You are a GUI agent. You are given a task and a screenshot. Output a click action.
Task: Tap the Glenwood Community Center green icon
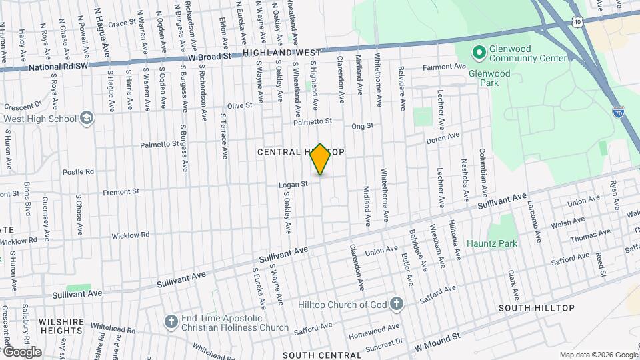click(x=478, y=52)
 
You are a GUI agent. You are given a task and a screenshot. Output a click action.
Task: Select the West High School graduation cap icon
click(x=87, y=119)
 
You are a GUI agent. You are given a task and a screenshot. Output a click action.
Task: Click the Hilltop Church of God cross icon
click(x=397, y=305)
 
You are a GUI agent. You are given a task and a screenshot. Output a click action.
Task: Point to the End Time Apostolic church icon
click(x=171, y=321)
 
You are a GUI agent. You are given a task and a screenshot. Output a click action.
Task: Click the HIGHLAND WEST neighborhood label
click(x=281, y=53)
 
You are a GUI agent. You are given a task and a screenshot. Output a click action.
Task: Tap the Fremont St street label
click(x=121, y=191)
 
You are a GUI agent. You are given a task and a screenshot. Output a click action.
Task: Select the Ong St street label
click(x=362, y=125)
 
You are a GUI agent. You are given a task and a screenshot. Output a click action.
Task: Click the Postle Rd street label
click(x=79, y=171)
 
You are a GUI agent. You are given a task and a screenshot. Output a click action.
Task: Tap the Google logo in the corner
click(x=21, y=352)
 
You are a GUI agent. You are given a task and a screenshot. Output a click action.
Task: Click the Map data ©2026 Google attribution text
click(x=598, y=355)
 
